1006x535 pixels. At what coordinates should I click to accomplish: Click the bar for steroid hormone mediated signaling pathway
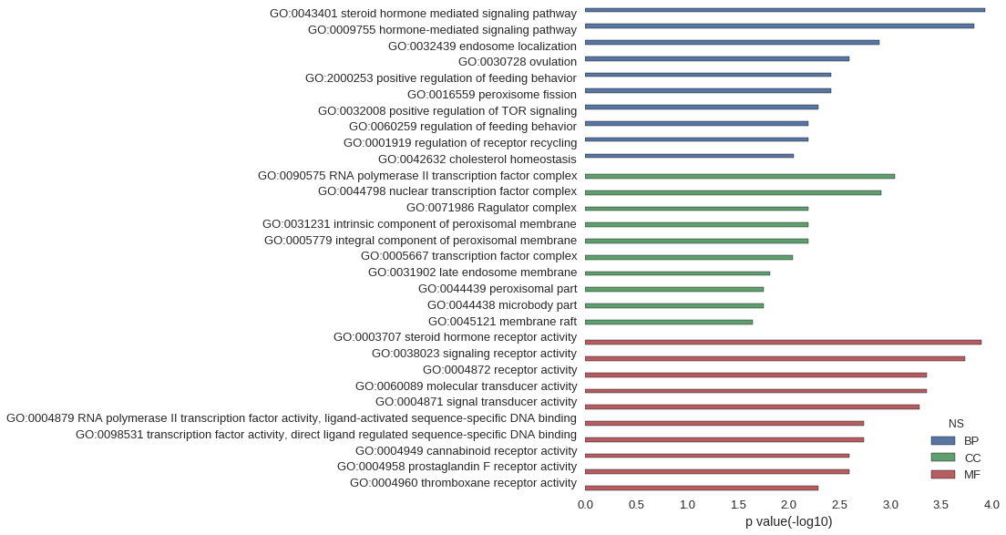785,10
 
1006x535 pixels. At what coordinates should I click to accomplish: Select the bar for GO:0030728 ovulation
717,58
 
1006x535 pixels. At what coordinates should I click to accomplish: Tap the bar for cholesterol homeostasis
689,156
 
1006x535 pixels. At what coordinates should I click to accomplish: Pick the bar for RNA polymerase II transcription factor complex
740,176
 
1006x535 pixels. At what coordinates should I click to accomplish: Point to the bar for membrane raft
669,322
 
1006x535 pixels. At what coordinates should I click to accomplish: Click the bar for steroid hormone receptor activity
784,343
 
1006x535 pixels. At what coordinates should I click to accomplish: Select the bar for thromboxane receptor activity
702,489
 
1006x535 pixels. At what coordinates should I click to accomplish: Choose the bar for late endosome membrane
678,273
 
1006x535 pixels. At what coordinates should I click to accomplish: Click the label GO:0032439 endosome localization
482,46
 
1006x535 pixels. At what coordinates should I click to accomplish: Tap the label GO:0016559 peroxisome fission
492,94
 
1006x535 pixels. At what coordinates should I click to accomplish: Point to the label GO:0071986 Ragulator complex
491,208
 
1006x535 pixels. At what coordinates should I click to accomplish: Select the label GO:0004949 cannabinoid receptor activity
467,451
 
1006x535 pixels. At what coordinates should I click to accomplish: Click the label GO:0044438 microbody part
502,305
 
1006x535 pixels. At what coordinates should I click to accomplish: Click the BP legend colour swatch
943,441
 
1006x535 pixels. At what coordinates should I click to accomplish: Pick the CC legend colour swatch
943,458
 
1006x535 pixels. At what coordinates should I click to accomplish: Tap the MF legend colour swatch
943,474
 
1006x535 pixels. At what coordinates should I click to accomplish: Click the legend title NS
956,424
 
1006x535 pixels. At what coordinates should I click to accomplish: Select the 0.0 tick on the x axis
585,505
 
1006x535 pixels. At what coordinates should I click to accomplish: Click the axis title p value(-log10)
788,522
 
